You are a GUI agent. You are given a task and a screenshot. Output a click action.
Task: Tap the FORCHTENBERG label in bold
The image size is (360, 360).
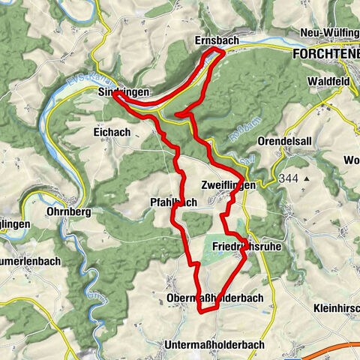click(325, 55)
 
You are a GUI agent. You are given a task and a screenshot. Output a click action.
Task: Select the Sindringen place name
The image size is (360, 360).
click(124, 91)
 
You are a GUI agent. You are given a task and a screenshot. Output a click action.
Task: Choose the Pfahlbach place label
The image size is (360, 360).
click(173, 202)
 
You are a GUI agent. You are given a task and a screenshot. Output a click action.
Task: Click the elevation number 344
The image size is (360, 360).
click(286, 178)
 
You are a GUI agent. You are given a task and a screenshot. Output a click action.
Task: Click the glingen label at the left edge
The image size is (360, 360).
click(15, 223)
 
